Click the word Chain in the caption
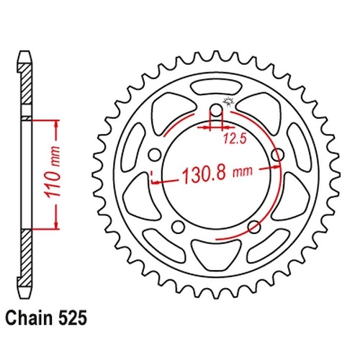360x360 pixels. pyautogui.click(x=29, y=319)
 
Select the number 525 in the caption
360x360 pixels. pyautogui.click(x=72, y=319)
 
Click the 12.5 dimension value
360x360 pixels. pyautogui.click(x=235, y=139)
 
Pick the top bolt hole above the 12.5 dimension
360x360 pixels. pyautogui.click(x=217, y=110)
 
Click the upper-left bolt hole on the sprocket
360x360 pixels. pyautogui.click(x=154, y=155)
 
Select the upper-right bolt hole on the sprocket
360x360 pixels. pyautogui.click(x=278, y=155)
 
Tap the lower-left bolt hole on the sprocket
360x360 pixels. pyautogui.click(x=179, y=228)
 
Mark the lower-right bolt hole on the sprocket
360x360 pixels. pyautogui.click(x=254, y=228)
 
